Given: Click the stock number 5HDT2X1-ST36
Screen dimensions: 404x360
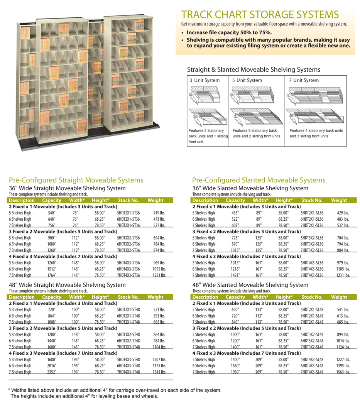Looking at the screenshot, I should (x=128, y=213).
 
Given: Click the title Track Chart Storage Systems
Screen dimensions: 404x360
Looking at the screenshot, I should (x=260, y=15).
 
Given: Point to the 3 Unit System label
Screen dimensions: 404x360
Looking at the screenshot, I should (x=205, y=80).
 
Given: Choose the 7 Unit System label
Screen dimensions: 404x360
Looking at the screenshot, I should (x=304, y=80).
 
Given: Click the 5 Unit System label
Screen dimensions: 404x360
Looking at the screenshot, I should (x=247, y=80).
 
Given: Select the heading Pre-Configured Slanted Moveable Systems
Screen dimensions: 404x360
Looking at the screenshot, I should (x=259, y=180).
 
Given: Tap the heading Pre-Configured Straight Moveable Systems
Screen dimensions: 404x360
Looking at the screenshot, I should (x=76, y=180).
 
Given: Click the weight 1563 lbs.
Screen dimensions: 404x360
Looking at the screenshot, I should (x=343, y=372).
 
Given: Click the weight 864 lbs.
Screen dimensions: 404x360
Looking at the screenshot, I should (x=159, y=334).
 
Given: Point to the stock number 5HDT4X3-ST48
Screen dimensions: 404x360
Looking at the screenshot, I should (x=128, y=359).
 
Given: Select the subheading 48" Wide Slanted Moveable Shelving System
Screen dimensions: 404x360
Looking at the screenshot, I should (x=250, y=285).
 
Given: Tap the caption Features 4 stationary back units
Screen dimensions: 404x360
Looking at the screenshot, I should (x=316, y=130).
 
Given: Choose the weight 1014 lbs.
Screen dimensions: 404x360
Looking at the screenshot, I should (x=343, y=341).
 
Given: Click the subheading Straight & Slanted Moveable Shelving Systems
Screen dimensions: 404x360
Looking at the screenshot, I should (x=254, y=70).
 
